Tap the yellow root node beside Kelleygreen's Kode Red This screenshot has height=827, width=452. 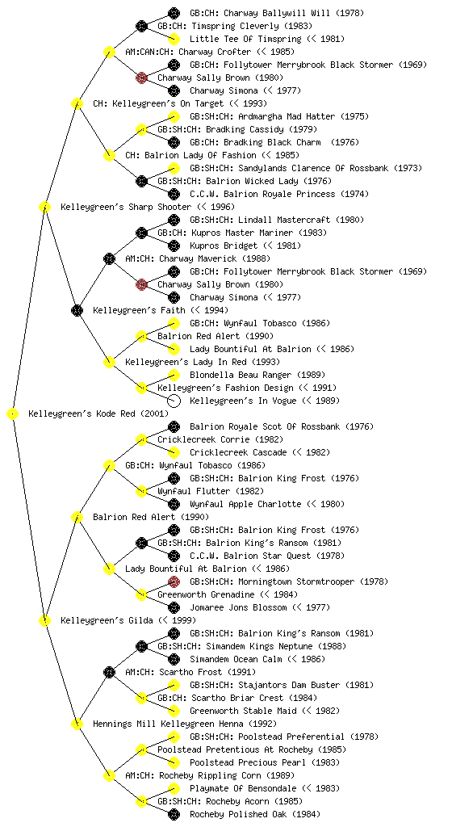(x=13, y=413)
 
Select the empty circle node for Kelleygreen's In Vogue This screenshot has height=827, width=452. (x=174, y=401)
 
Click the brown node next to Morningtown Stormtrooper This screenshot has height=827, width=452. (x=174, y=581)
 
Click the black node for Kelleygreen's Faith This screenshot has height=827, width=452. (x=77, y=310)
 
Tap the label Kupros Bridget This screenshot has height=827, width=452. (x=224, y=246)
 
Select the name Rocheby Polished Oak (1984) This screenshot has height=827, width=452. (x=255, y=814)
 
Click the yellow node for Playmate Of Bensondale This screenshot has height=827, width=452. (x=174, y=788)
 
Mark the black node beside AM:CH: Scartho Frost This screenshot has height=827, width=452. (x=109, y=672)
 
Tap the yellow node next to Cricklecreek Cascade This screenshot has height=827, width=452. (x=174, y=452)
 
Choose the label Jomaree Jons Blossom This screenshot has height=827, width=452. (x=238, y=607)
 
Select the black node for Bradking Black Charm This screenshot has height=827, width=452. (x=174, y=142)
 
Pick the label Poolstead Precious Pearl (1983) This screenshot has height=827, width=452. (x=265, y=762)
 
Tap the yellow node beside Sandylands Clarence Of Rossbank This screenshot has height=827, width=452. (x=174, y=168)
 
